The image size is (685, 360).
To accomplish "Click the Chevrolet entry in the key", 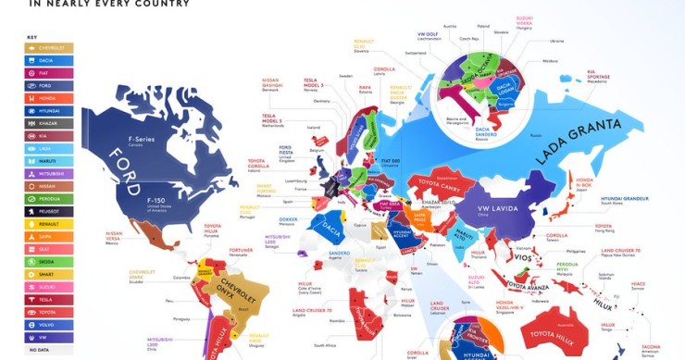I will click(x=48, y=47).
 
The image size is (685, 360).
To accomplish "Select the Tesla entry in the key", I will click(x=48, y=299).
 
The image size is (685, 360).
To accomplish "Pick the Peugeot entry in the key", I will click(x=48, y=211).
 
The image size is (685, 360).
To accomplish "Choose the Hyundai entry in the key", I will click(x=48, y=110).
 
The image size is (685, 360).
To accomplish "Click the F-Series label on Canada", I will click(x=141, y=140).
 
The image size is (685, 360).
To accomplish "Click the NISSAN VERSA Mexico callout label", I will click(x=114, y=239).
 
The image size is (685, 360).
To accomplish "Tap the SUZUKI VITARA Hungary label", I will click(x=525, y=20).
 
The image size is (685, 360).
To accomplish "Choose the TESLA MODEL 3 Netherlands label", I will click(x=264, y=120).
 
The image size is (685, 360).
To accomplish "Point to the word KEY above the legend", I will click(x=31, y=36).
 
